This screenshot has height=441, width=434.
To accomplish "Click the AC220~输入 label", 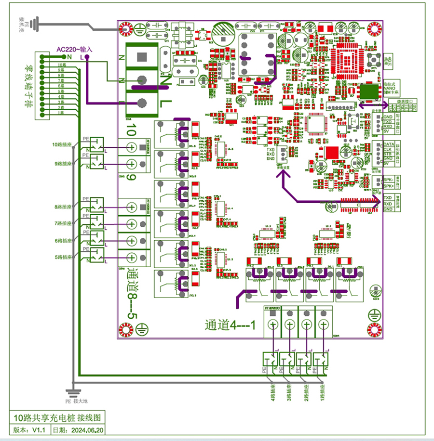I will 74,49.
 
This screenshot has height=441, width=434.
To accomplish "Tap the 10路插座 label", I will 62,144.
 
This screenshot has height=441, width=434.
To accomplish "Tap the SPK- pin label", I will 388,180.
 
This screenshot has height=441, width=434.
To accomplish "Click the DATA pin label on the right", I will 389,144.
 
